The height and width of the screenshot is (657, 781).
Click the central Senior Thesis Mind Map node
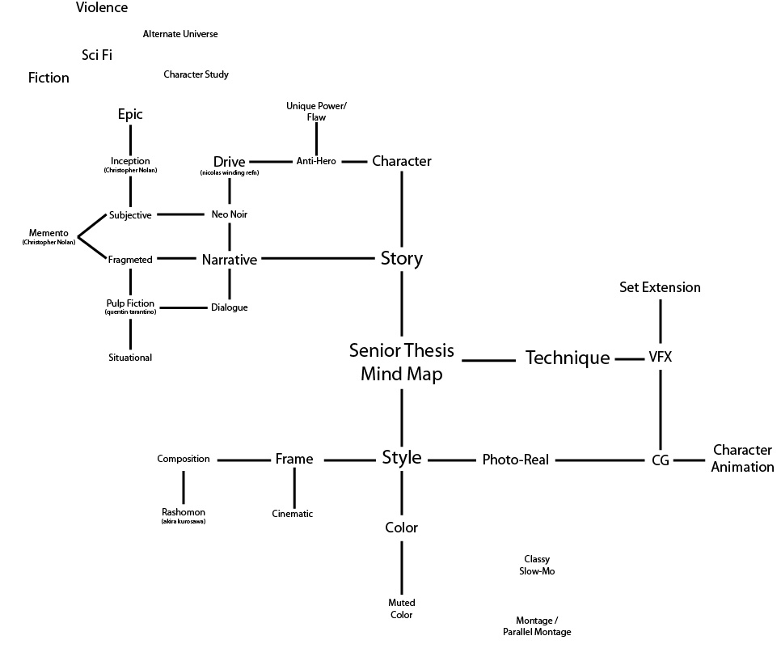point(401,362)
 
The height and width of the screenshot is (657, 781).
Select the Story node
point(401,259)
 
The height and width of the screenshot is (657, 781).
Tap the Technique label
point(568,358)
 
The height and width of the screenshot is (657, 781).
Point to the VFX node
point(661,357)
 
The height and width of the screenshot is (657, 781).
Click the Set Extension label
point(660,287)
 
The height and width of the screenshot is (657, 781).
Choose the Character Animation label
point(742,458)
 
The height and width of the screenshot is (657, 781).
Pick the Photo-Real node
point(515,460)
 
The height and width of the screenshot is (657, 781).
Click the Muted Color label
point(401,608)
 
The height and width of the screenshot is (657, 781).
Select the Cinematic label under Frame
point(293,514)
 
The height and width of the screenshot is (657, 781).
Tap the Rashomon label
point(184,514)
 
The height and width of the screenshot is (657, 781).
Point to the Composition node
point(184,459)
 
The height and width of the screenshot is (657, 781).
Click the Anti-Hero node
point(315,161)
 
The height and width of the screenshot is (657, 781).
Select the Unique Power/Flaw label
point(316,112)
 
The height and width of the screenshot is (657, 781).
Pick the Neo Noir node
point(229,214)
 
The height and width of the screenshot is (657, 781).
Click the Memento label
point(49,235)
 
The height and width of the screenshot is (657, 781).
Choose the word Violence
point(102,8)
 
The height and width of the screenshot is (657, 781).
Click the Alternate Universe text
point(180,34)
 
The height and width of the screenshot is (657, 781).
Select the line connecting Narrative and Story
point(319,259)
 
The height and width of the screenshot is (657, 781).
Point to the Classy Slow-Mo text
point(537,565)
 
